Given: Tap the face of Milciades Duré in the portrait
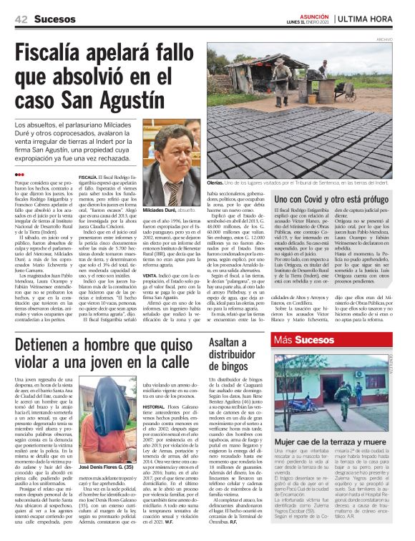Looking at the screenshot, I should tap(172, 150).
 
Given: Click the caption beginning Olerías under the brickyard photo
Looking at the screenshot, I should tap(301, 184).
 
